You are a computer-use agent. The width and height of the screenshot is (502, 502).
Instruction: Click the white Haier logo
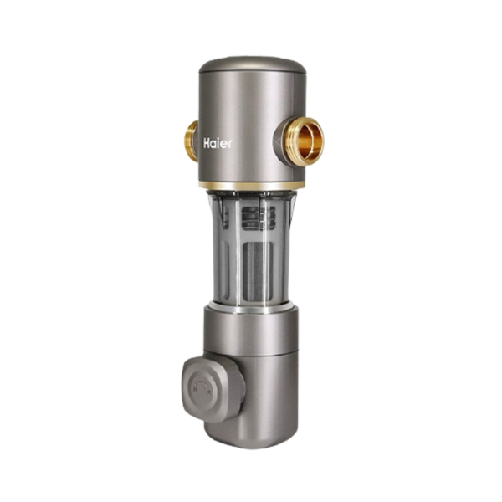point(218,143)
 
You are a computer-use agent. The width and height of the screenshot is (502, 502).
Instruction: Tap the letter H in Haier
point(207,143)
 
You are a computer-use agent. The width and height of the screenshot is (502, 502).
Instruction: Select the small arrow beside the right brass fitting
point(278,141)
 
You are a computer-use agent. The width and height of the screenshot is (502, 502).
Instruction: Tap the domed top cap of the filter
point(251,64)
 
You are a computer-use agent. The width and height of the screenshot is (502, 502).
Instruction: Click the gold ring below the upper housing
point(251,186)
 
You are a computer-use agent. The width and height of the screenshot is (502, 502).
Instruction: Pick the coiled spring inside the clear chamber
point(258,218)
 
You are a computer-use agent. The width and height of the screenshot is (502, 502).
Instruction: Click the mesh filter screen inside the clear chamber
point(258,271)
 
